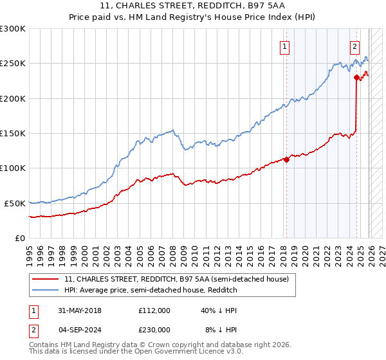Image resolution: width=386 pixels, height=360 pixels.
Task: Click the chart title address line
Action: pos(194,6)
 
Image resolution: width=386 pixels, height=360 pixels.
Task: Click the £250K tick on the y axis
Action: pos(13,64)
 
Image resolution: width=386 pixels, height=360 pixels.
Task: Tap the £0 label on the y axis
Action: pos(21,238)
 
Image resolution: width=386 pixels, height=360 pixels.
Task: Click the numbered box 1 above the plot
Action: pos(284,46)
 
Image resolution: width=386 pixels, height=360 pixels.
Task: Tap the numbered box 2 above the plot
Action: pos(354,46)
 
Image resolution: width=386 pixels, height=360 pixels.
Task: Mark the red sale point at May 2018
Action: pos(286,160)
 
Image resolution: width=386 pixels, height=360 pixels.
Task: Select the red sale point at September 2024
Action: pos(356,78)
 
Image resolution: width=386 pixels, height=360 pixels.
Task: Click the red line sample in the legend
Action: pos(46,280)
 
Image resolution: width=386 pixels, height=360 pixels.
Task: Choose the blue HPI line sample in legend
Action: pos(46,291)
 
